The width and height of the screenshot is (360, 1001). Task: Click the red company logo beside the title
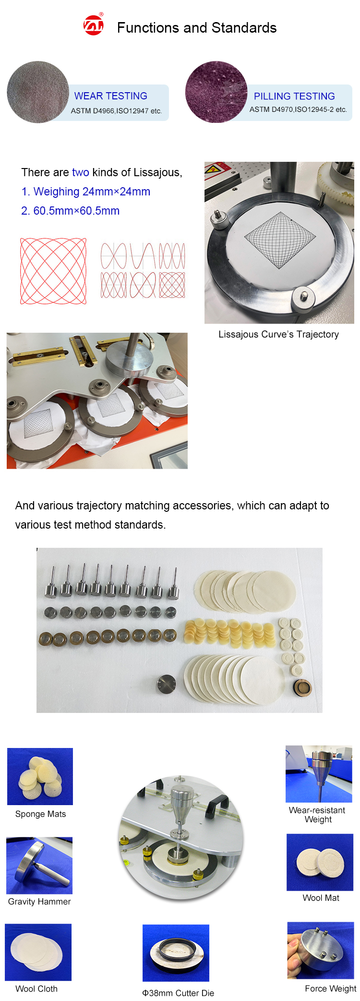[94, 25]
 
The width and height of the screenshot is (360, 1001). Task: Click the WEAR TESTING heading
[110, 96]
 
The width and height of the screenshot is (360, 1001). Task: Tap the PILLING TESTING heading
[294, 96]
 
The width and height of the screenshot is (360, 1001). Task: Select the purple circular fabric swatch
[216, 92]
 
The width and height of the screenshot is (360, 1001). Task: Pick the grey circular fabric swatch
[38, 92]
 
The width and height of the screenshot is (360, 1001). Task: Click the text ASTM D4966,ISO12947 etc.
[116, 111]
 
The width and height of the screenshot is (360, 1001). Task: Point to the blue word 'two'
[81, 172]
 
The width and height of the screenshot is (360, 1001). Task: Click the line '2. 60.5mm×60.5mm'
[71, 211]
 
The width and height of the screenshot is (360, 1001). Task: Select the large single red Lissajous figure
[53, 271]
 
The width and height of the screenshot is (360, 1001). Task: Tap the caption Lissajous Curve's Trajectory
[278, 334]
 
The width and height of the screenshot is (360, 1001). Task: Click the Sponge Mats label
[40, 814]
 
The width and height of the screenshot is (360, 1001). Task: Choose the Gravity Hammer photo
[39, 865]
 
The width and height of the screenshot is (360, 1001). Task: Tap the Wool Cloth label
[36, 989]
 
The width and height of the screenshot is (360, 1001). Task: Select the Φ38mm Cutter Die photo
[176, 953]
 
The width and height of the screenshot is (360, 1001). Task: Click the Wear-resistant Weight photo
[319, 774]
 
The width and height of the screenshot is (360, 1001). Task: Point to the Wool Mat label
[321, 898]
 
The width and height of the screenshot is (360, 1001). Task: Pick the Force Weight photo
[321, 950]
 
